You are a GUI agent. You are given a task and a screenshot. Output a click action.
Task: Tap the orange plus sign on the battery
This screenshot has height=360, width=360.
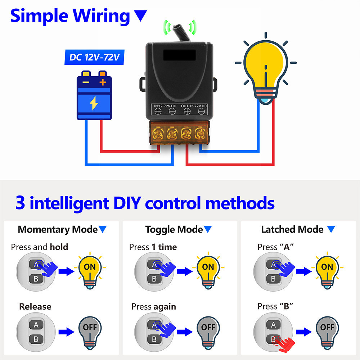pos(103,82)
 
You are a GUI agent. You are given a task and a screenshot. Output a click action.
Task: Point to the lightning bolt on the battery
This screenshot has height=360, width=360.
pos(94,103)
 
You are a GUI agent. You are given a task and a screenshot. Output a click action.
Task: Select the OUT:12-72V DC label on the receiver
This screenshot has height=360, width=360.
pos(193,106)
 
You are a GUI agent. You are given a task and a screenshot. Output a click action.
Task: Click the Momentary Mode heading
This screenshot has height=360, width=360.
pos(58,229)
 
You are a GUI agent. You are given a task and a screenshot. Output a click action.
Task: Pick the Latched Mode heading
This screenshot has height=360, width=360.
pos(292,229)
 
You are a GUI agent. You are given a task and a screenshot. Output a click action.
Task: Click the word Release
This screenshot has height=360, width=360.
pos(35,307)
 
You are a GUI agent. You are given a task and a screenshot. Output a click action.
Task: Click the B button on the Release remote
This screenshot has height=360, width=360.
pos(36,339)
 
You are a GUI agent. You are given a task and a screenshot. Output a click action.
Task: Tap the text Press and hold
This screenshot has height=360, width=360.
pos(39,247)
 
